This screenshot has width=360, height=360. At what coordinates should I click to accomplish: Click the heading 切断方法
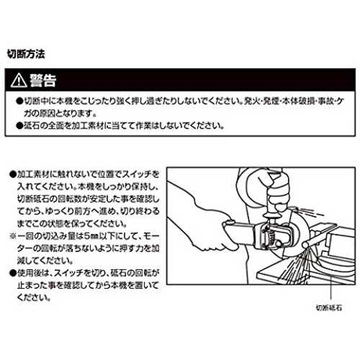(x=26, y=54)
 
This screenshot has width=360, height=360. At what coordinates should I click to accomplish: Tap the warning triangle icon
(x=19, y=81)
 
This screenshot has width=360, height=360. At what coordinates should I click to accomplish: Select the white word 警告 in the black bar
(x=43, y=80)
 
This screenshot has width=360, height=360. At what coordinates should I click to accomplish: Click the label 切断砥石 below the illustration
(x=328, y=307)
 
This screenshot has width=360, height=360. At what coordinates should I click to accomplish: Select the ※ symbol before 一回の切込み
(x=12, y=236)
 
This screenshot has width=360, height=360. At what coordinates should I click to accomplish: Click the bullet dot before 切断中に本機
(x=19, y=102)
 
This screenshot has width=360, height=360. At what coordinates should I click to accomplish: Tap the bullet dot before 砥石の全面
(x=19, y=125)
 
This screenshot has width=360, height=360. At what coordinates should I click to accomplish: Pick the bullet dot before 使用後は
(x=12, y=273)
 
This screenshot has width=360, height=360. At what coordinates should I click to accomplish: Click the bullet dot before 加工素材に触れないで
(x=12, y=174)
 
